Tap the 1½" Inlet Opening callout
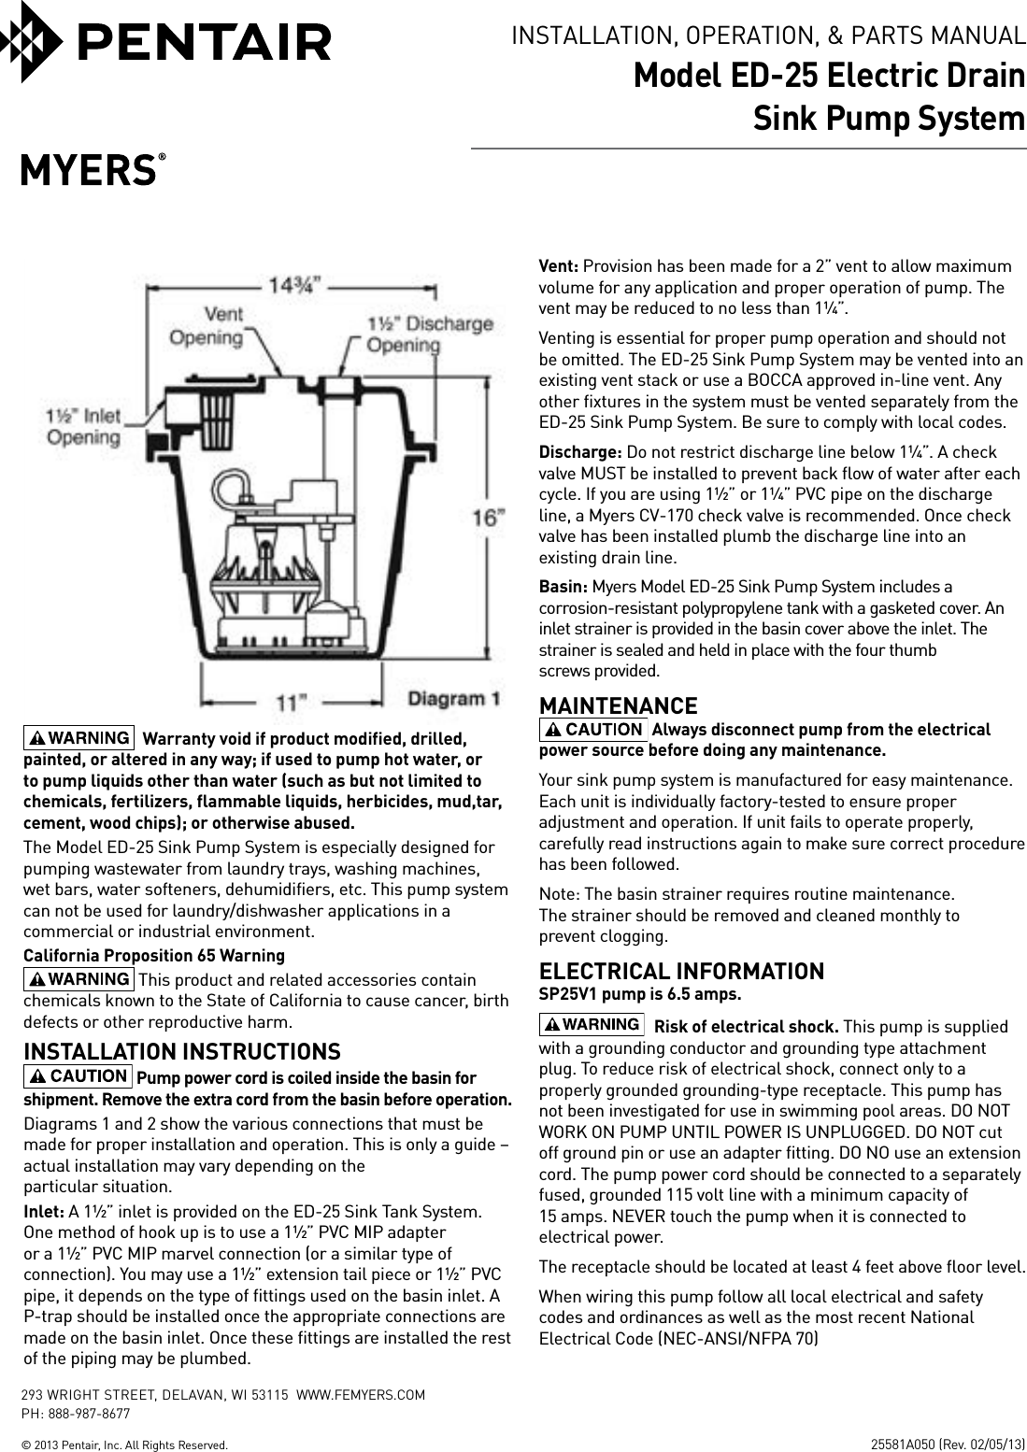click(83, 427)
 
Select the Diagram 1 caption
click(453, 698)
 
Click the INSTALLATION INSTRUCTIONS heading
click(181, 1052)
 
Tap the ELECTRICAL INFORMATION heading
click(681, 972)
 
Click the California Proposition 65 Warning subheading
click(154, 956)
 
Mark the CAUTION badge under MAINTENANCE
click(593, 729)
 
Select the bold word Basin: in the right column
click(563, 587)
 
